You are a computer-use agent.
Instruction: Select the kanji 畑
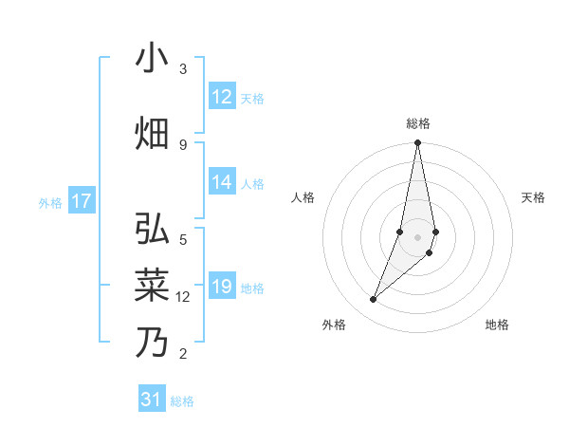(152, 133)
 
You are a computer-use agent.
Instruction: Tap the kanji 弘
(152, 231)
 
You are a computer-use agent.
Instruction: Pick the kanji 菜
(152, 286)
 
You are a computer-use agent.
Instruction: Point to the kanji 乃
(152, 341)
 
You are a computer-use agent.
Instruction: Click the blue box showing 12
(222, 97)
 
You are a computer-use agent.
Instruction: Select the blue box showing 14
(222, 183)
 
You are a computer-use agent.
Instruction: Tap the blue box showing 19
(222, 288)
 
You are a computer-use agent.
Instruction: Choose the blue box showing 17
(82, 201)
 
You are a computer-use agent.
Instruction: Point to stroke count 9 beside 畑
(182, 144)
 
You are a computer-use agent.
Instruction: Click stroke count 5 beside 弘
(182, 239)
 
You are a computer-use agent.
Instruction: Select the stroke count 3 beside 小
(182, 69)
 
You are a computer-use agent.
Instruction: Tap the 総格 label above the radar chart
(418, 123)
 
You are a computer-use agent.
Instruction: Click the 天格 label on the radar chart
(534, 197)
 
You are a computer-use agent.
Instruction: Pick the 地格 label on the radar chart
(497, 325)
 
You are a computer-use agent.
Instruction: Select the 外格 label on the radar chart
(334, 325)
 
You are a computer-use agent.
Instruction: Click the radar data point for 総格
(417, 143)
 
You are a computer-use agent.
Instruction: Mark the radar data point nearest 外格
(374, 299)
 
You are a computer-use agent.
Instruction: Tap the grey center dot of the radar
(417, 236)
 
